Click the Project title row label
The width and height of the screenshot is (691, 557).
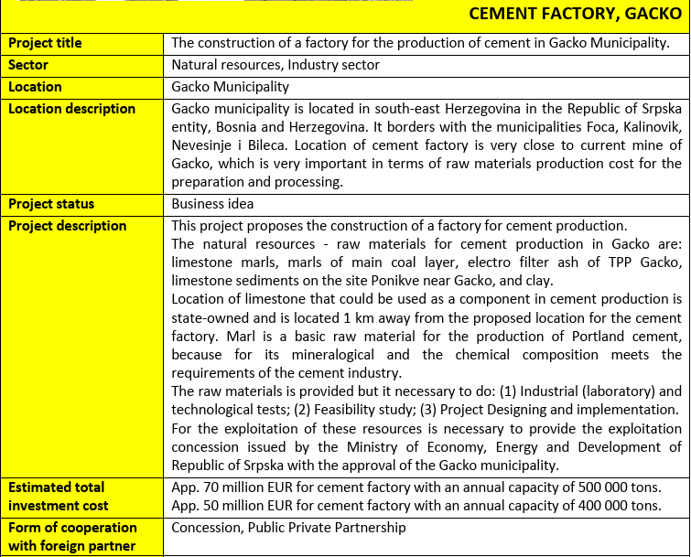(x=45, y=43)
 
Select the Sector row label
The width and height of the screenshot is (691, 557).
(x=28, y=65)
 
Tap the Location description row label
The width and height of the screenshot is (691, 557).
(x=72, y=109)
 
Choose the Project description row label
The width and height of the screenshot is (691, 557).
(x=68, y=226)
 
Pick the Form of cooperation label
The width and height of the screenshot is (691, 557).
(x=72, y=537)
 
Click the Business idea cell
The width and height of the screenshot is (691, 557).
(x=212, y=204)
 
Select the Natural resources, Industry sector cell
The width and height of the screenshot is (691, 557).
(x=275, y=65)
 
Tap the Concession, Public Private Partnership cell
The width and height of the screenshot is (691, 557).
(x=288, y=528)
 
